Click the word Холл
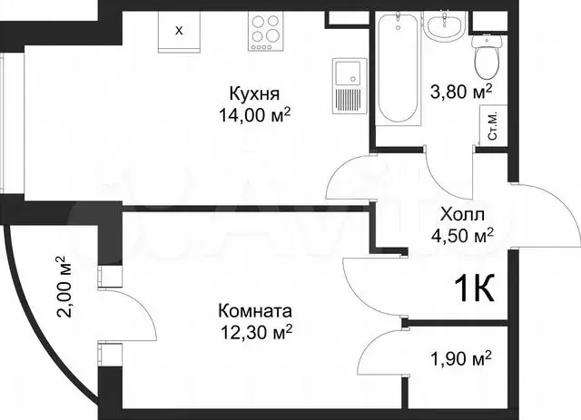[462, 215]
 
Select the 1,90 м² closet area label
[459, 358]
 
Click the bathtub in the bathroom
[397, 68]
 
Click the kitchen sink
[346, 86]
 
